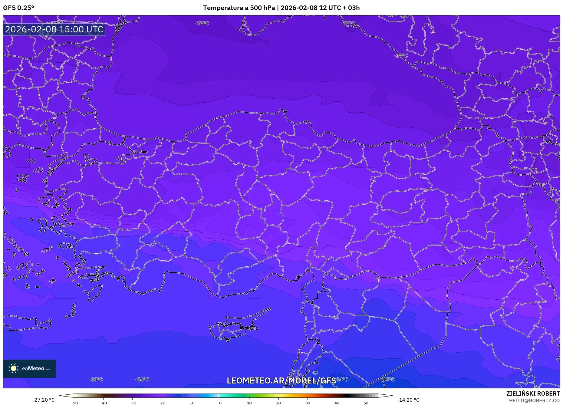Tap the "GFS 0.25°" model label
(19, 8)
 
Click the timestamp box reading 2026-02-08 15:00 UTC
(54, 29)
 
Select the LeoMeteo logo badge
(30, 368)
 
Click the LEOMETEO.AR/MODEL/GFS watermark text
(281, 380)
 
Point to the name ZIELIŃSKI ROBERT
(533, 393)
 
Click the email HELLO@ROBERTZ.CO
(534, 400)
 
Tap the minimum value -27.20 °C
(44, 400)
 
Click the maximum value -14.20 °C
(408, 400)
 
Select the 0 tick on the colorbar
(220, 403)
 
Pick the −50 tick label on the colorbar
(74, 403)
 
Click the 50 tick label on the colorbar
(366, 403)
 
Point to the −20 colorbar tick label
(162, 403)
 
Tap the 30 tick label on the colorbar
(308, 403)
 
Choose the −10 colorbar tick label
(191, 403)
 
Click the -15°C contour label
(388, 379)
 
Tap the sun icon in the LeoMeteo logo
(13, 368)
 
